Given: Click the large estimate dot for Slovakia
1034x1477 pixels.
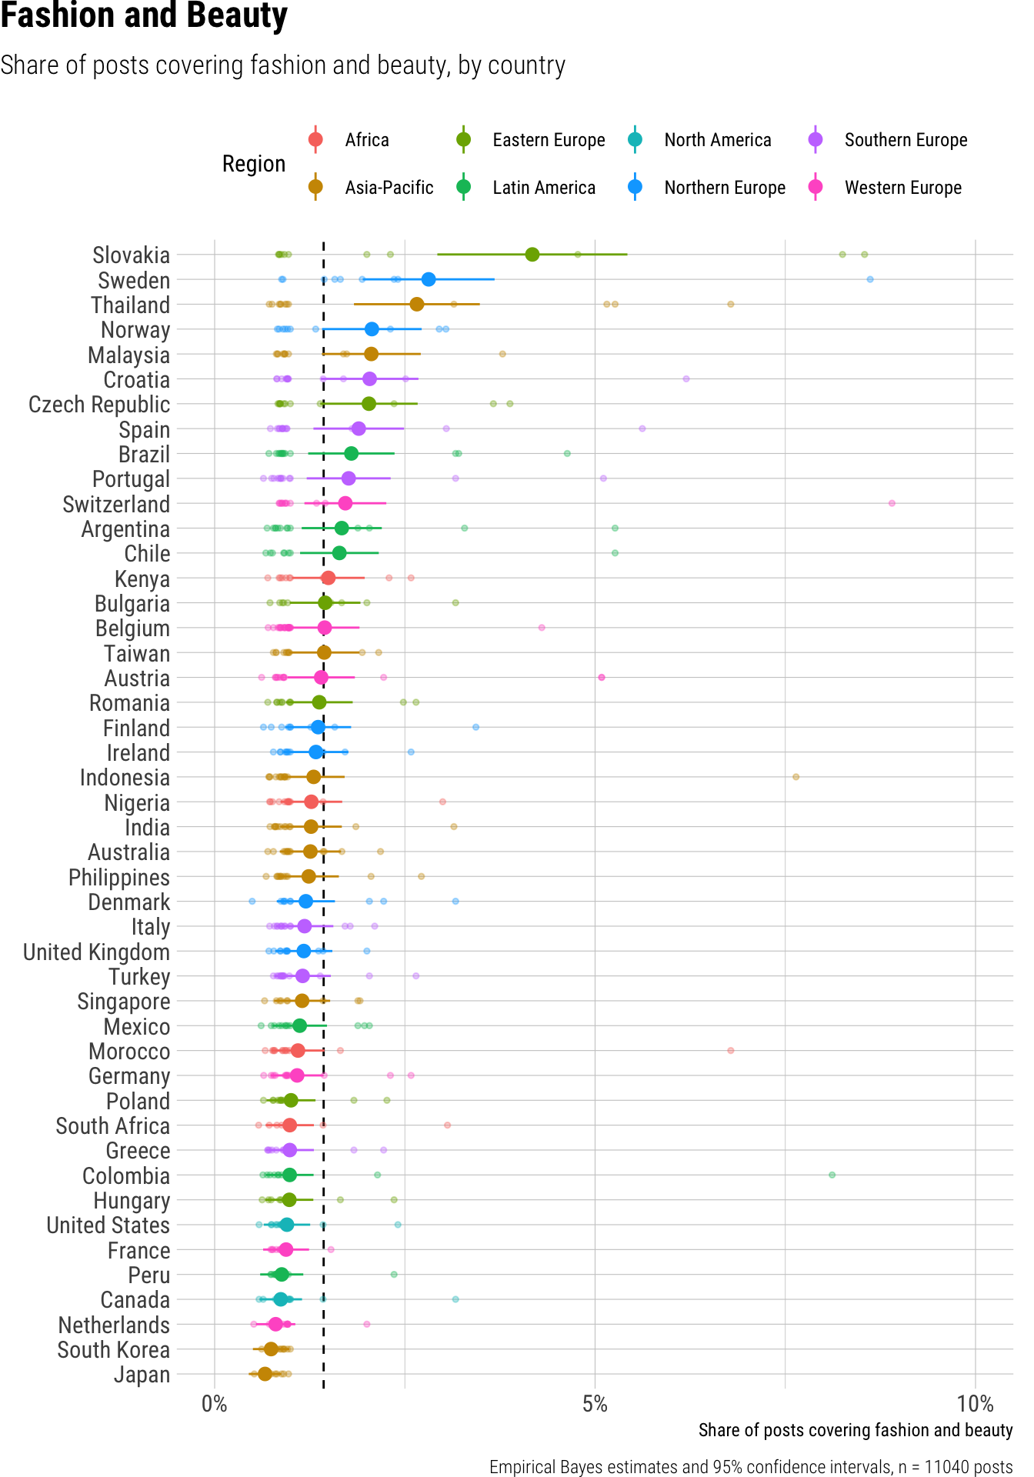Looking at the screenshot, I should [x=532, y=255].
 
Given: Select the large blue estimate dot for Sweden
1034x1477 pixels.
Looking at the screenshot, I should [x=429, y=279].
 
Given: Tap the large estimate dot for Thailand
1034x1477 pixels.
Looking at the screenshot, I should [x=417, y=305].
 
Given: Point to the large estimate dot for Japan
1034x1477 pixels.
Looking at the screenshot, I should [x=265, y=1374].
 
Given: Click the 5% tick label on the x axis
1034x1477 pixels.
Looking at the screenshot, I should [x=595, y=1405].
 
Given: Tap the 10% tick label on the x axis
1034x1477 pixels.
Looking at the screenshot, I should [x=975, y=1405].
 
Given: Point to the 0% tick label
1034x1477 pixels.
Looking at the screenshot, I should [x=215, y=1405].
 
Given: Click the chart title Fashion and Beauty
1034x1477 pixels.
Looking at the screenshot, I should [x=144, y=17].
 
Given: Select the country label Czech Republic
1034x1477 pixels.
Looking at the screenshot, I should [x=99, y=405].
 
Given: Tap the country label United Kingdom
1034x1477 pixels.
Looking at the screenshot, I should [x=96, y=952].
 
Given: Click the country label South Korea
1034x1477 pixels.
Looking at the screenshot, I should [x=113, y=1350].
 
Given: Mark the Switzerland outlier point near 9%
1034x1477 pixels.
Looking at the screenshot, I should [x=892, y=503].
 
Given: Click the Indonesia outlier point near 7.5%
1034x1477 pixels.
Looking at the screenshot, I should [x=796, y=777].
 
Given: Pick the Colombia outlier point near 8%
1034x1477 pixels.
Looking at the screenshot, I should [x=832, y=1175].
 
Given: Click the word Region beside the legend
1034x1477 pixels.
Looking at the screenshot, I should [x=254, y=164].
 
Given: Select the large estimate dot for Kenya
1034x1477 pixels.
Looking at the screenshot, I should [x=329, y=578].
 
